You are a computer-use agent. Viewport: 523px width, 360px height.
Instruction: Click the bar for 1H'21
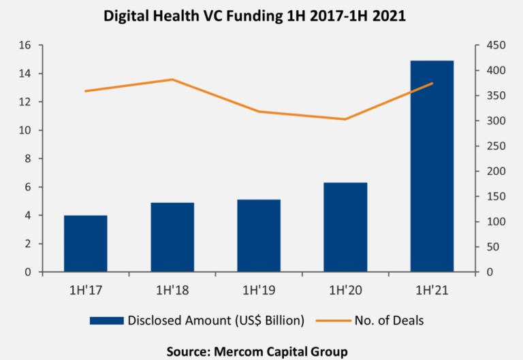click(432, 166)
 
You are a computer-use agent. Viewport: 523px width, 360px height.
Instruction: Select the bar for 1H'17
click(86, 244)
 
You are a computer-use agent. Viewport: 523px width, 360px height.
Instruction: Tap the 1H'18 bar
click(172, 238)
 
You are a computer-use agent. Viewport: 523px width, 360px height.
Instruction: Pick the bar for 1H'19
click(259, 235)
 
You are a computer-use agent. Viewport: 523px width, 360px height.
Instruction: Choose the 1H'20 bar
click(345, 227)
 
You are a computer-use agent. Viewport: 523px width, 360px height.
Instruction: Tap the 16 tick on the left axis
click(27, 46)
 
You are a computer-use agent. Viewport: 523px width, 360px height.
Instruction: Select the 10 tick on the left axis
click(27, 131)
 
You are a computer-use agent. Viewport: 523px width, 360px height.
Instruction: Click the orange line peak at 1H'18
click(172, 80)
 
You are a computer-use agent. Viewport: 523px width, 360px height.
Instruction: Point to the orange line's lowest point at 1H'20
click(345, 119)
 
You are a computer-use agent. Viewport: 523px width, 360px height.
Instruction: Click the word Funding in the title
click(248, 16)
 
